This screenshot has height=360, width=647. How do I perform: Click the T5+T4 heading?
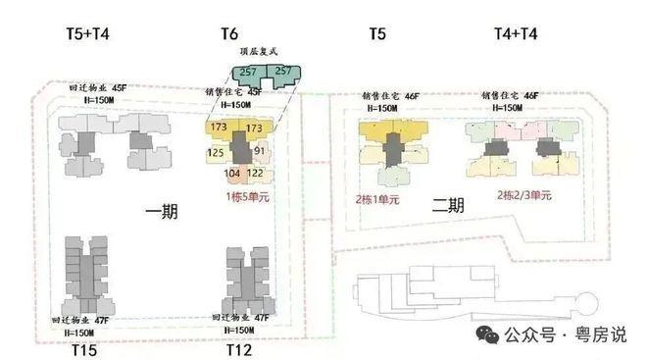[87, 34]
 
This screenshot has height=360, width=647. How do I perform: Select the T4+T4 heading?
[515, 34]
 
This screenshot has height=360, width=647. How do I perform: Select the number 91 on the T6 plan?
[261, 151]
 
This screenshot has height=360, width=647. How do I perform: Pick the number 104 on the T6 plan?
[233, 174]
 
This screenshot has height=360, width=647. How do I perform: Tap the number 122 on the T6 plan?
[255, 174]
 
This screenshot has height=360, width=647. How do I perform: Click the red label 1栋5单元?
[248, 195]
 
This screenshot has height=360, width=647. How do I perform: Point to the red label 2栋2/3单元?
[524, 195]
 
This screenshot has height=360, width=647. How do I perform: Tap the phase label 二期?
[447, 206]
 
